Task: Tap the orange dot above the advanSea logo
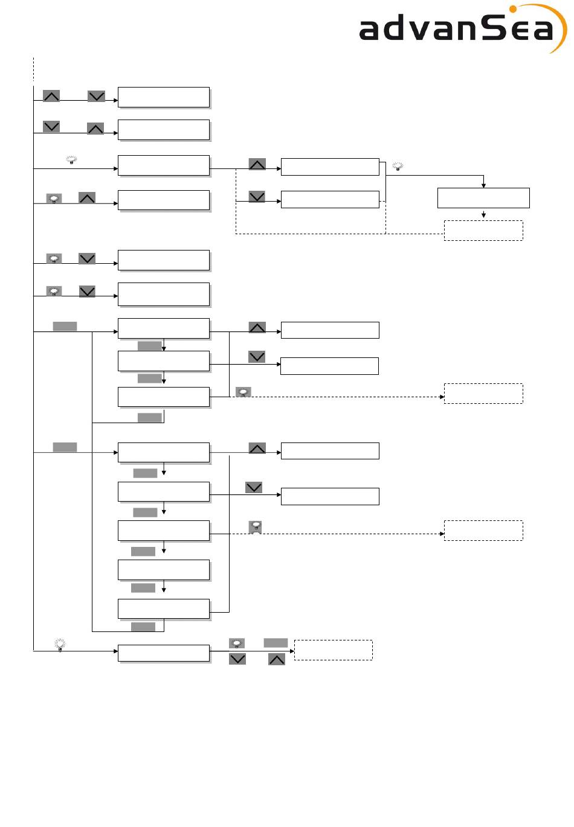[x=512, y=9]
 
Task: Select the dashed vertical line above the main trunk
[x=34, y=69]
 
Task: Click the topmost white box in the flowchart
[x=164, y=97]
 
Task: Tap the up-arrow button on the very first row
[x=51, y=96]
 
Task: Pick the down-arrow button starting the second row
[x=51, y=127]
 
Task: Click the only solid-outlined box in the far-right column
[x=483, y=198]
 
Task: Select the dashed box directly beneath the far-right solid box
[x=483, y=231]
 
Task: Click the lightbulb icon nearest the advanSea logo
[x=398, y=166]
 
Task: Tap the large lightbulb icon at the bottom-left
[x=60, y=645]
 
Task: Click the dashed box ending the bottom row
[x=334, y=650]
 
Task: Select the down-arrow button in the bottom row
[x=237, y=659]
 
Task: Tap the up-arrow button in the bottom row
[x=277, y=659]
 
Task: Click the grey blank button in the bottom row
[x=276, y=643]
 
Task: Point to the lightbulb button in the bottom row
[x=237, y=643]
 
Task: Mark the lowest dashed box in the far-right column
[x=483, y=531]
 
